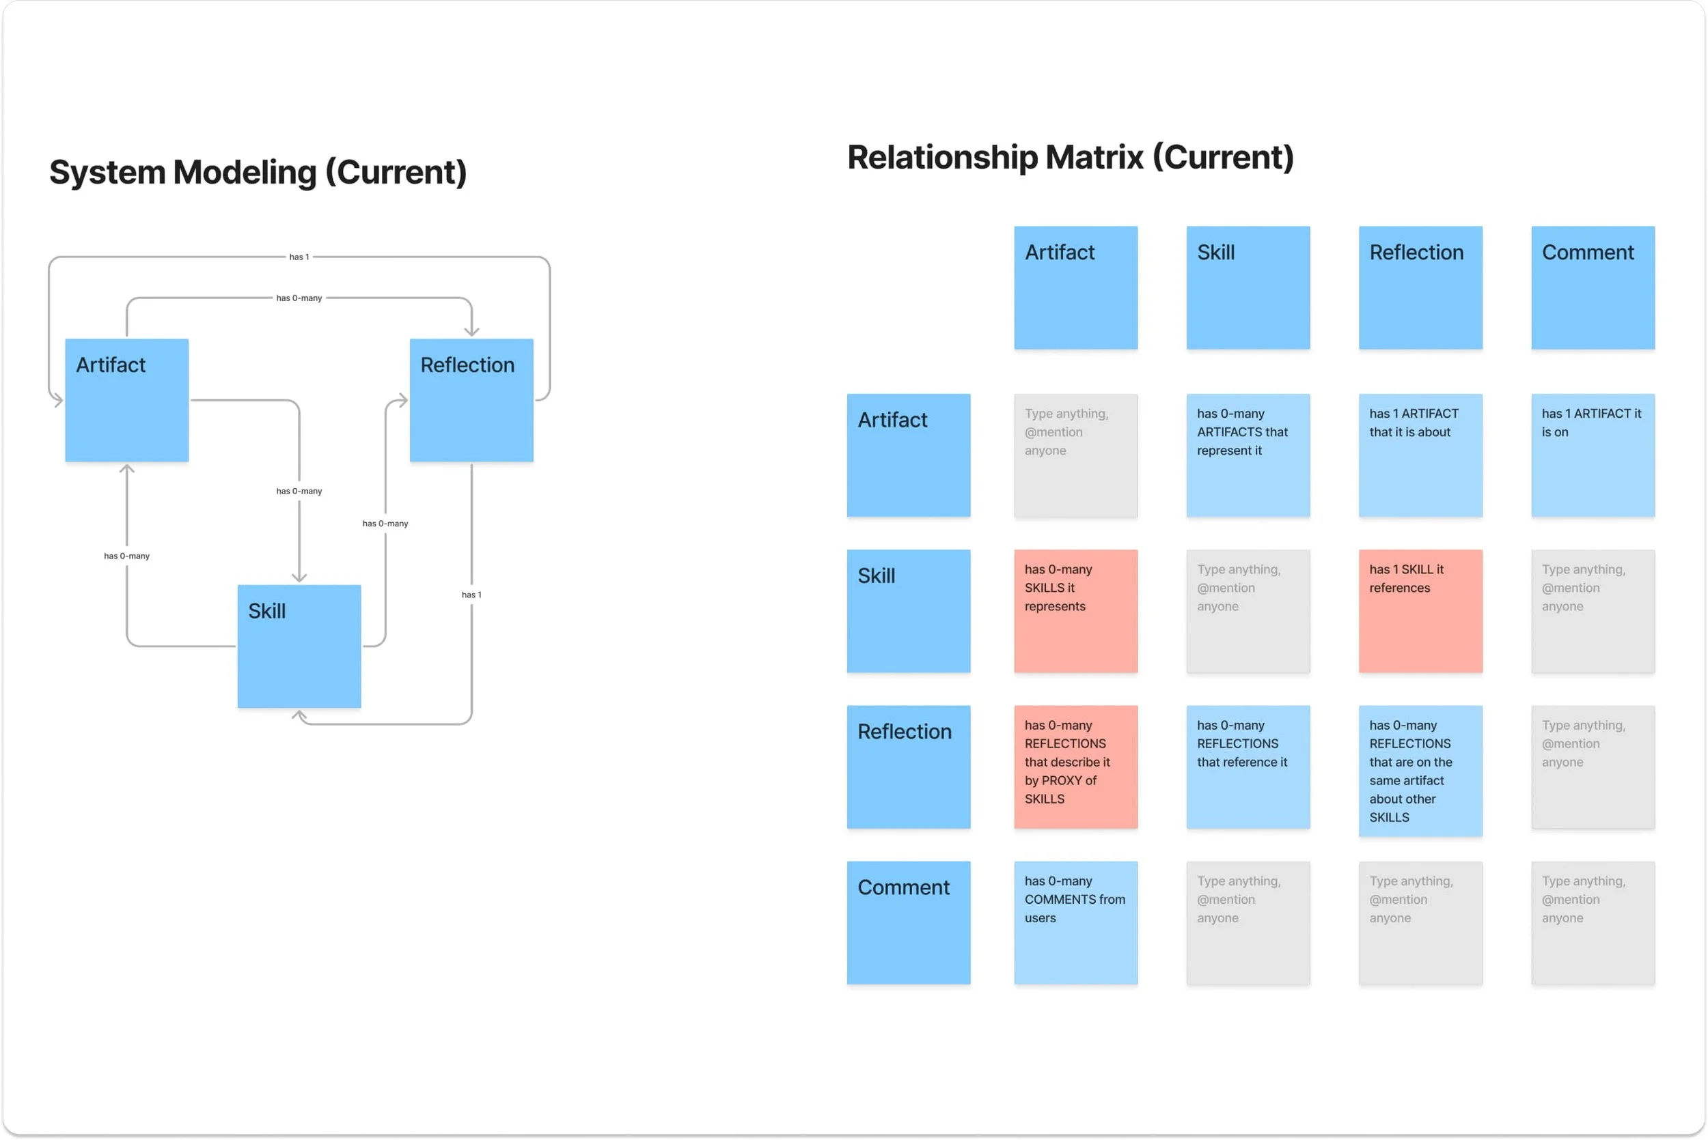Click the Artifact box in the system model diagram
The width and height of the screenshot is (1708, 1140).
126,400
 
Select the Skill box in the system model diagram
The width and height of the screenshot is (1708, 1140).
299,646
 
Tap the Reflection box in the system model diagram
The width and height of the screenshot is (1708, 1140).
471,400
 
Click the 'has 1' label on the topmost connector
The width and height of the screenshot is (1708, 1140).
299,257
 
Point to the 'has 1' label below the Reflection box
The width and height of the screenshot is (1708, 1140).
471,595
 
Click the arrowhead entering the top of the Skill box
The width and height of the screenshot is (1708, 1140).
299,578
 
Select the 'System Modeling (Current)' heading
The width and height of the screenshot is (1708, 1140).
258,172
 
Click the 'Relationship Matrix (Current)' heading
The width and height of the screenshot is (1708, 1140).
1070,158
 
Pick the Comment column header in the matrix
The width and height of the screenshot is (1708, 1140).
1593,288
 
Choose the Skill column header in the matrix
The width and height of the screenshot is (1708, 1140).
1248,288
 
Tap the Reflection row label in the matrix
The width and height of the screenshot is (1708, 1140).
908,767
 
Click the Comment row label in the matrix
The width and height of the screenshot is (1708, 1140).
908,923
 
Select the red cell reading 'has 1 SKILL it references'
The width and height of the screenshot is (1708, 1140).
1420,611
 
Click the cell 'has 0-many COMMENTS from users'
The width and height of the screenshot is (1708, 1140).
1075,923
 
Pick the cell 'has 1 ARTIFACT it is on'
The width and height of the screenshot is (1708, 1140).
1593,455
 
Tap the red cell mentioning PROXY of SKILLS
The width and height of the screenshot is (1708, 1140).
1075,767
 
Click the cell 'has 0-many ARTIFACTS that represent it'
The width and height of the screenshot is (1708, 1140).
1248,455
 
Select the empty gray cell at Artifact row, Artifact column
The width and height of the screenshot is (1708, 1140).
1075,455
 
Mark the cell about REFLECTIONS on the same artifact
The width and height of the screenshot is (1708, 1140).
1420,771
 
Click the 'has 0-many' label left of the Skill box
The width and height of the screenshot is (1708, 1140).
126,556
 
